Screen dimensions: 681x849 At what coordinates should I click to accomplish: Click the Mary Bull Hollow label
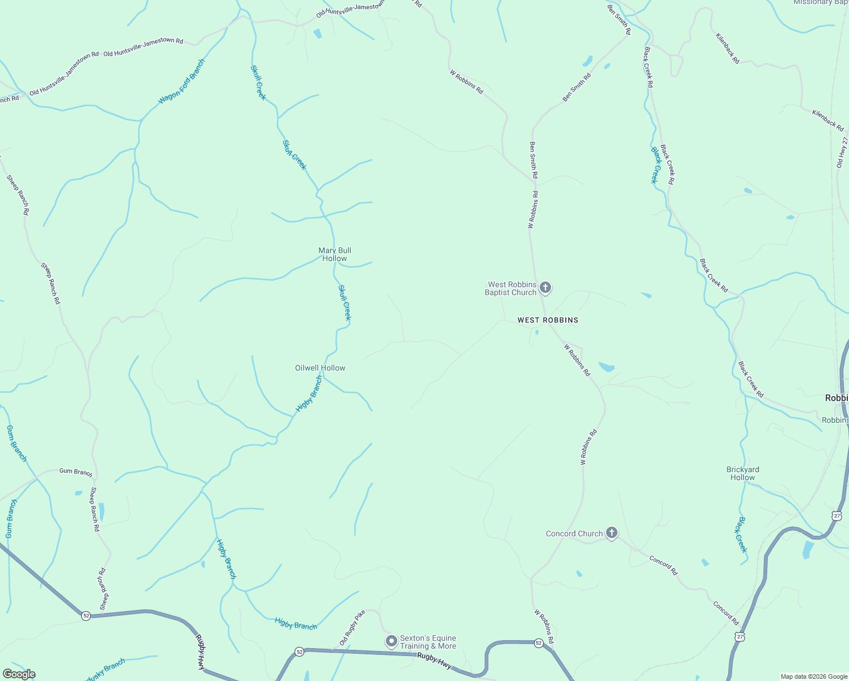(335, 254)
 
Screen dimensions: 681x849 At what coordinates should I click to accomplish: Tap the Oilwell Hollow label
(320, 368)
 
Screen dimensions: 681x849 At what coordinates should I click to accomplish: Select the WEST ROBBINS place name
(548, 320)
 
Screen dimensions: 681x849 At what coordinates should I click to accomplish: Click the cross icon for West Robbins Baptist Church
(545, 287)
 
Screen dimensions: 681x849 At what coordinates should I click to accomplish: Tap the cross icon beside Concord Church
(611, 532)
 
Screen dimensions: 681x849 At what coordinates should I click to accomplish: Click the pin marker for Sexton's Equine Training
(391, 641)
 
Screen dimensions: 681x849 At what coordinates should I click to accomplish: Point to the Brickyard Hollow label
(742, 473)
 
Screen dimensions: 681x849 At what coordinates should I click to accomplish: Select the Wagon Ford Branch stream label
(181, 82)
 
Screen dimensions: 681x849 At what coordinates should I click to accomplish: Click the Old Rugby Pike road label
(352, 628)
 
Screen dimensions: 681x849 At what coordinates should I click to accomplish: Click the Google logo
(19, 674)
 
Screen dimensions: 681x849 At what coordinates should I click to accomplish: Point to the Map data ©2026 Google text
(813, 676)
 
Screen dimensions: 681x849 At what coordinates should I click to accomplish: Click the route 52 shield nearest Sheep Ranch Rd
(86, 616)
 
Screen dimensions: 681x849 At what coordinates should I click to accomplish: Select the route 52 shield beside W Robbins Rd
(539, 643)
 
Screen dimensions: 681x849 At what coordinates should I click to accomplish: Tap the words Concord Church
(574, 533)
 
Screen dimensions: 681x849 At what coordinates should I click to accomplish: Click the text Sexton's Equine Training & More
(428, 642)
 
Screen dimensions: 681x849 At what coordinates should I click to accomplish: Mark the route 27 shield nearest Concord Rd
(739, 637)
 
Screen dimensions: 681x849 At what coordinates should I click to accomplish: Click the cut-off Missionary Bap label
(821, 3)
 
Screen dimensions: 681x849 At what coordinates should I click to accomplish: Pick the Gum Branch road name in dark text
(75, 472)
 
